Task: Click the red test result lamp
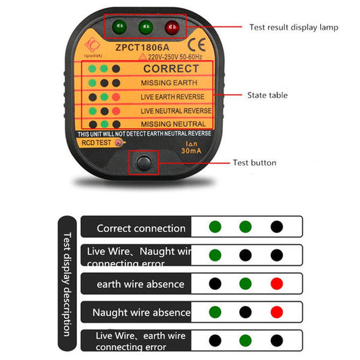point(172,28)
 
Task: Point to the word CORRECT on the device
point(172,68)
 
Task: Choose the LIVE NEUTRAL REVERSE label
point(176,110)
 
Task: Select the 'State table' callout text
point(267,95)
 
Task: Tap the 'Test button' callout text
point(255,162)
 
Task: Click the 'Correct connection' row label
point(140,228)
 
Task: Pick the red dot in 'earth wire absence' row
point(276,284)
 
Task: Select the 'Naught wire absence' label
point(141,312)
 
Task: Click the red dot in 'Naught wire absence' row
point(276,312)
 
